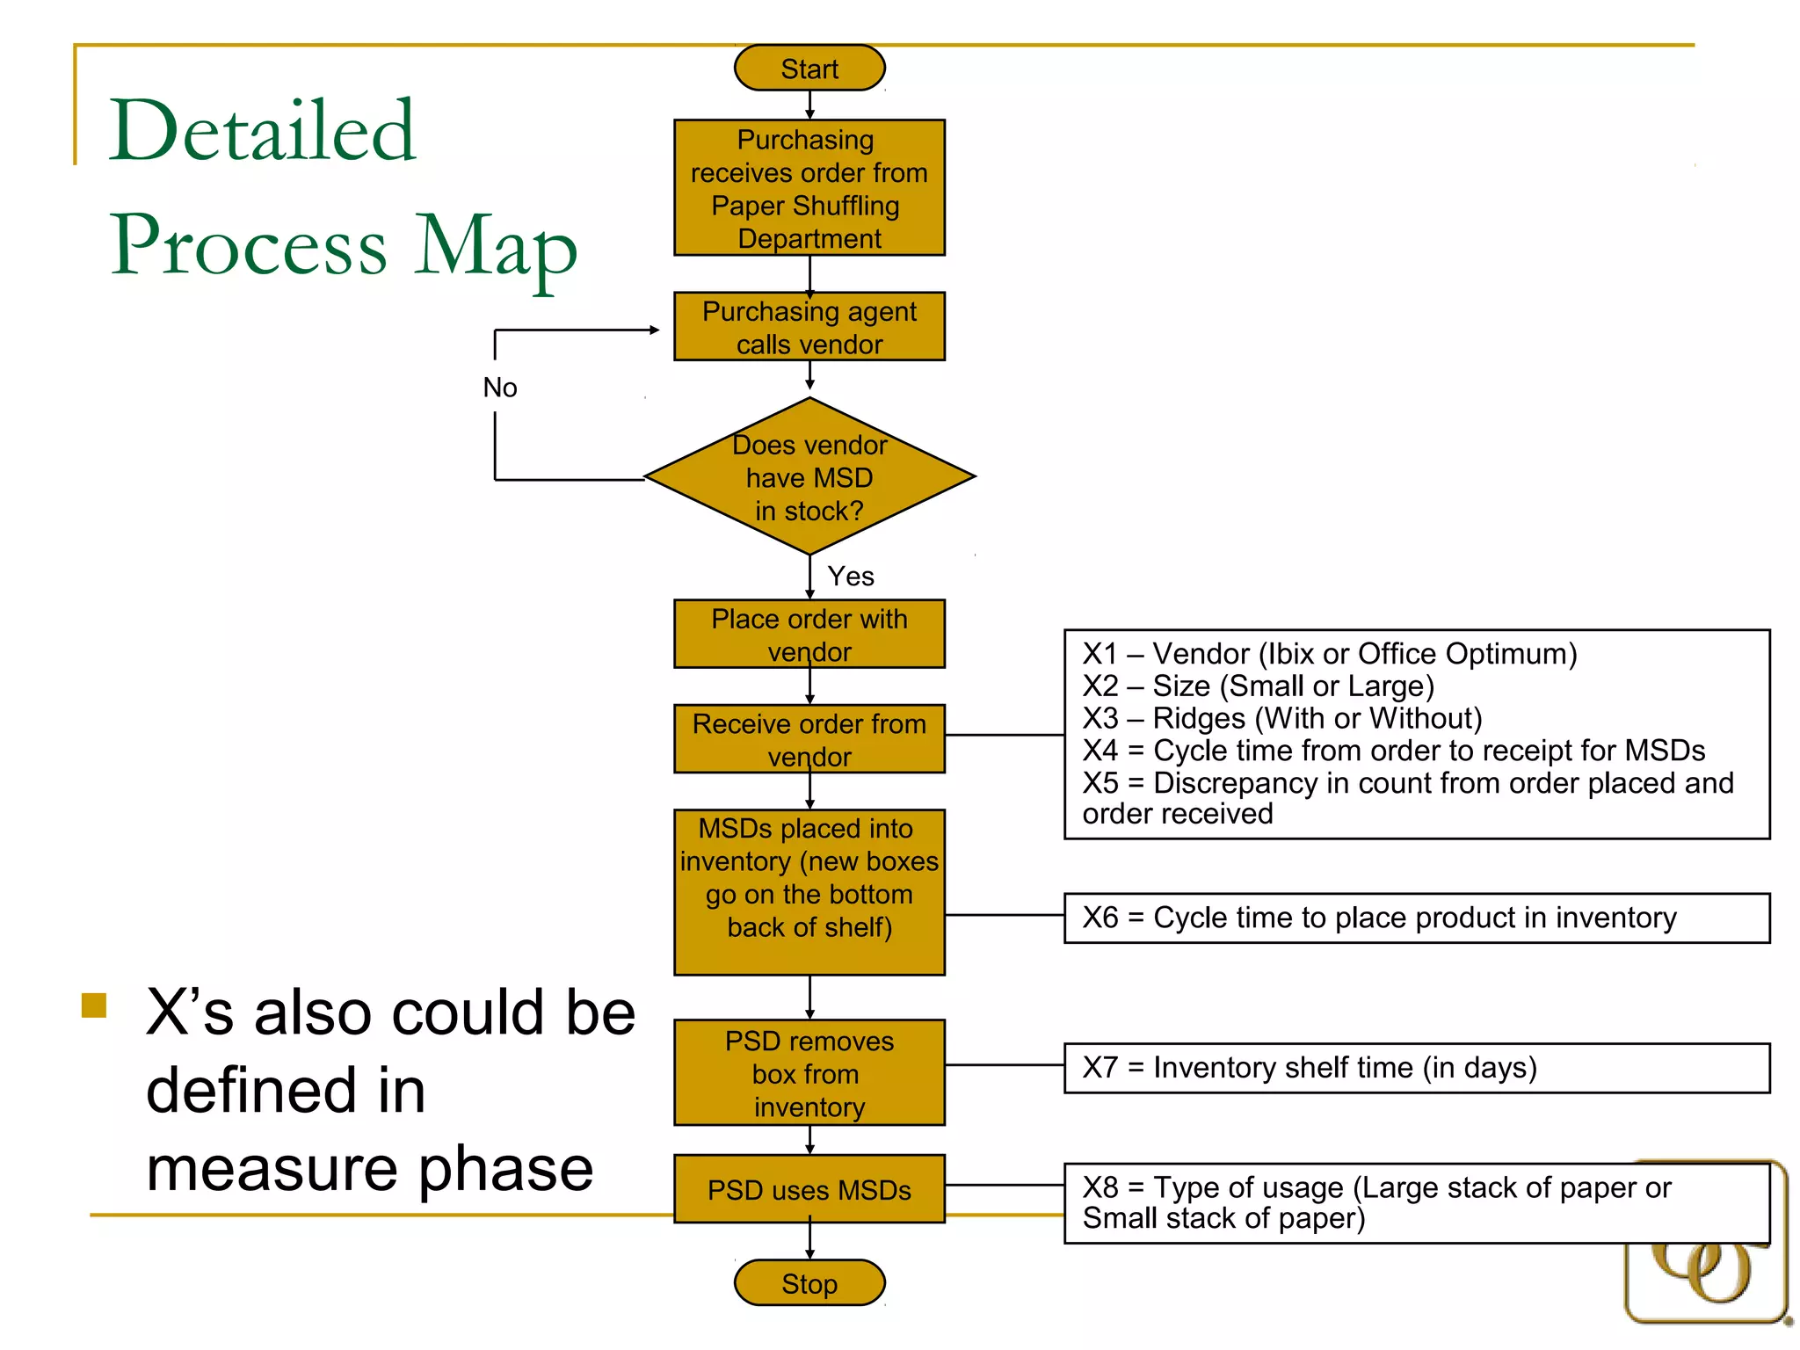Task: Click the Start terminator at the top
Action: (x=809, y=69)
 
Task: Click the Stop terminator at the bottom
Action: (x=809, y=1283)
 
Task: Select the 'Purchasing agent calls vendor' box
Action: (x=809, y=327)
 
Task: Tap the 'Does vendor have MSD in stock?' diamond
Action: (x=809, y=477)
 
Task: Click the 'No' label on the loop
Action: (x=500, y=388)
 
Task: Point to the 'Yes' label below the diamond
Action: (x=851, y=577)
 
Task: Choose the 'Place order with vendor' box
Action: (x=809, y=635)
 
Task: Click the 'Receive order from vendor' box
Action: (x=809, y=739)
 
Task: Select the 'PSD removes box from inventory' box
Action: (x=809, y=1073)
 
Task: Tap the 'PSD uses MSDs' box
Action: (x=809, y=1190)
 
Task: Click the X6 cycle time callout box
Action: (x=1416, y=918)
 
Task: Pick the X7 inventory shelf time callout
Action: (x=1416, y=1068)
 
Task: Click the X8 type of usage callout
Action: (x=1416, y=1202)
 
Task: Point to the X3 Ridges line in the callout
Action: (x=1282, y=719)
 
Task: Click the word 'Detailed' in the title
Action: (x=262, y=131)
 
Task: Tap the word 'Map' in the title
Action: (x=497, y=246)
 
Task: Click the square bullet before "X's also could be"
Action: (x=94, y=1005)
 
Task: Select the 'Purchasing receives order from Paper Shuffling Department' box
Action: (x=809, y=188)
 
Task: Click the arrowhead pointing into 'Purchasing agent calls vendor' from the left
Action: (x=654, y=330)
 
